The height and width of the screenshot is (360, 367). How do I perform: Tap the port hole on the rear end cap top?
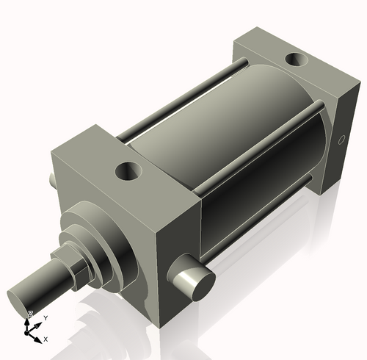click(297, 59)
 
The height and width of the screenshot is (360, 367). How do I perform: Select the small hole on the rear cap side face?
click(341, 140)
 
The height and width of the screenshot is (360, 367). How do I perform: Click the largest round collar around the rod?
click(103, 242)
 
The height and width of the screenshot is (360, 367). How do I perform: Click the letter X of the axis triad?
click(46, 339)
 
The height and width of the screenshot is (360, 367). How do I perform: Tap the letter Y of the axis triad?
click(46, 317)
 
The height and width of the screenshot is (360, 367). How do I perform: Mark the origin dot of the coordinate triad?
click(31, 331)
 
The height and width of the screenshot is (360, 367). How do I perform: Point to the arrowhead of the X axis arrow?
click(38, 337)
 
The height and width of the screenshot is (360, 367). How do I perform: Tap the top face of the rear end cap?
click(294, 70)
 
